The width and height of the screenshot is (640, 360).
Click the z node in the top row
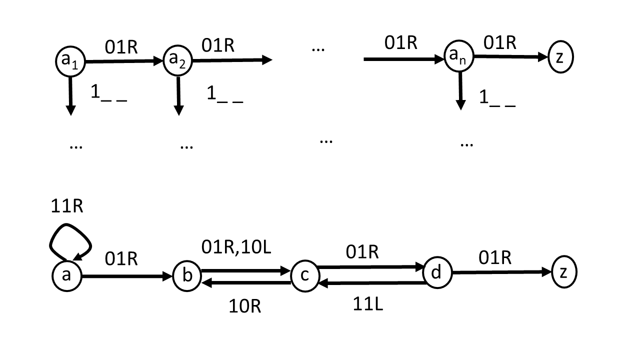click(560, 57)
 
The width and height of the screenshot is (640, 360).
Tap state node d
click(437, 272)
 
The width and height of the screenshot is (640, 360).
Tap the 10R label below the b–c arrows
click(245, 305)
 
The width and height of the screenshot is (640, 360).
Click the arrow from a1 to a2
click(124, 61)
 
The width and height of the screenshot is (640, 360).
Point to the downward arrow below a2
click(178, 95)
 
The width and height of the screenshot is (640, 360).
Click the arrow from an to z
click(510, 57)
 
